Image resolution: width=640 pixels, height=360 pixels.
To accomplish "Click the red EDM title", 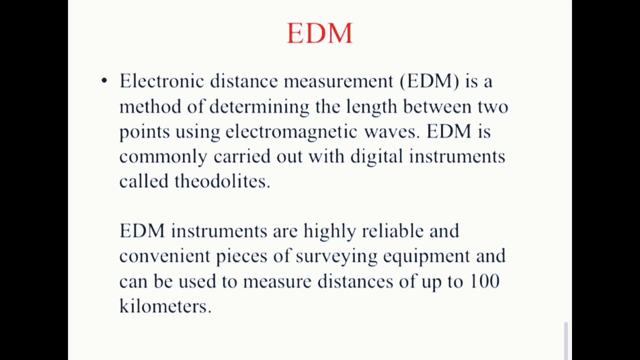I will [x=319, y=33].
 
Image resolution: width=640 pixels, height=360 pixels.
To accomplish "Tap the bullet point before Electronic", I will [x=104, y=80].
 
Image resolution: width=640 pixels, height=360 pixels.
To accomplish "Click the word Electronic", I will [x=161, y=81].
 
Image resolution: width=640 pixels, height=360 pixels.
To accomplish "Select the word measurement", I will [x=338, y=81].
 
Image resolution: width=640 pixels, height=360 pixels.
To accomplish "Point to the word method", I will [x=150, y=106].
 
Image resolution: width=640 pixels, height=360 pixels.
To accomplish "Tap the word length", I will [x=371, y=107].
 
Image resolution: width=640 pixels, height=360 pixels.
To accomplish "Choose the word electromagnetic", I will [x=291, y=132].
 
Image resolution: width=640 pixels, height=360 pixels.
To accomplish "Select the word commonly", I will [x=163, y=157].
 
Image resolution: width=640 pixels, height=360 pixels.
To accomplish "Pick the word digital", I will [x=376, y=157].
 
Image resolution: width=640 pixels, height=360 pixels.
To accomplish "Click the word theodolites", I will [x=222, y=181].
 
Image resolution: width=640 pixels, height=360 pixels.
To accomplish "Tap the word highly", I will [x=329, y=231].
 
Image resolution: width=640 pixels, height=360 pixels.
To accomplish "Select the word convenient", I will [x=164, y=256].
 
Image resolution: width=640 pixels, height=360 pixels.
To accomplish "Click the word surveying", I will [x=336, y=256].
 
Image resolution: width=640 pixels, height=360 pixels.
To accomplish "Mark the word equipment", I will [x=426, y=256].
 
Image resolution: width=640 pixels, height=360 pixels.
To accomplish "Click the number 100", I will [x=484, y=281].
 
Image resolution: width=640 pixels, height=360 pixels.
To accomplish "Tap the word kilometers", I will [x=165, y=306].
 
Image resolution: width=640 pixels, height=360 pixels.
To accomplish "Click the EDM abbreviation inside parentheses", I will [x=430, y=81].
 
